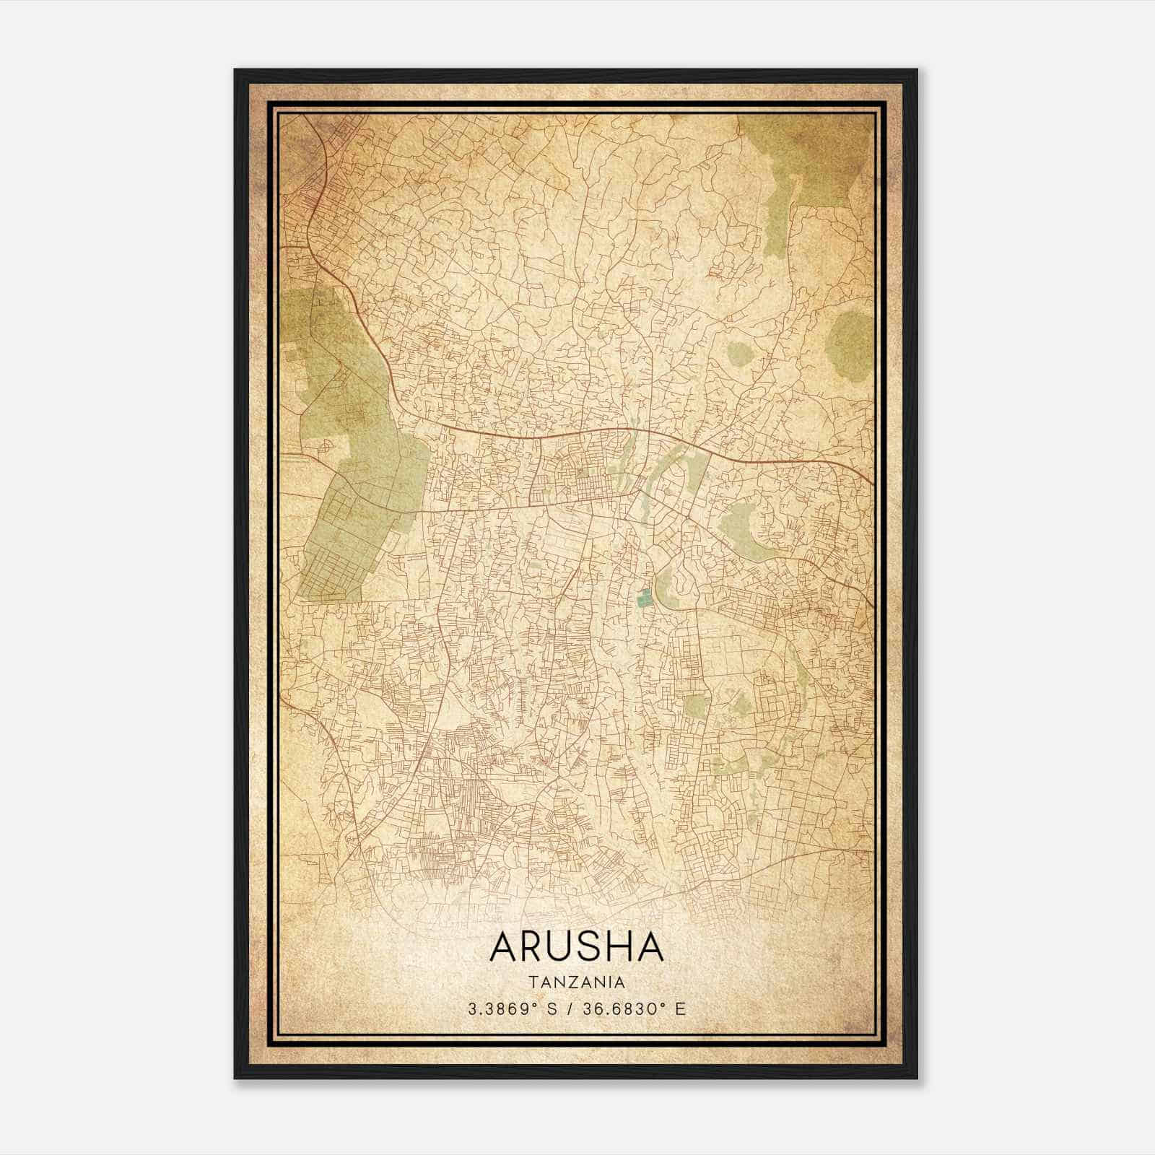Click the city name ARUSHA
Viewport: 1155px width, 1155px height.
click(576, 946)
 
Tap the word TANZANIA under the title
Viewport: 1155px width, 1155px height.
click(576, 982)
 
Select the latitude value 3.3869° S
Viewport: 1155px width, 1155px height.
click(512, 1009)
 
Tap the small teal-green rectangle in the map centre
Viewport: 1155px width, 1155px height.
click(644, 597)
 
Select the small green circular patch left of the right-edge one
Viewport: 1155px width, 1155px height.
click(739, 354)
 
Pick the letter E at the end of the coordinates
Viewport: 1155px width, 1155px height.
click(679, 1009)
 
